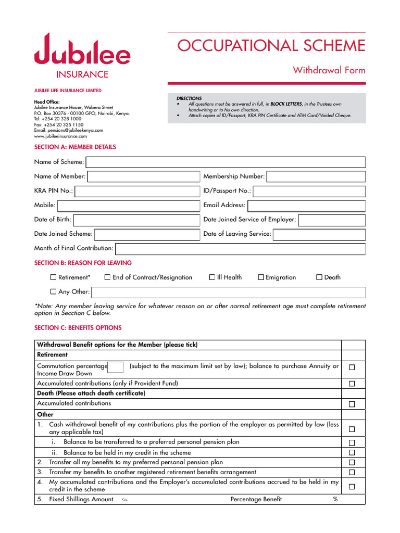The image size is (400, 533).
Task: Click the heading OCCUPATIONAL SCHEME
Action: click(271, 46)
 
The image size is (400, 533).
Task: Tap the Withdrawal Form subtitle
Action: click(329, 70)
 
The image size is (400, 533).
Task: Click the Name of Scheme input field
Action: click(226, 162)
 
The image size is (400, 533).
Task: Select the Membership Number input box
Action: click(316, 176)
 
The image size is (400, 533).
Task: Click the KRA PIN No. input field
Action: click(137, 191)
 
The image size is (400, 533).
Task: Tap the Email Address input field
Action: click(306, 205)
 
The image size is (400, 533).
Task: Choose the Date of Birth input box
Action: click(136, 220)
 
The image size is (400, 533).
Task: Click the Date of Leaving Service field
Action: click(319, 234)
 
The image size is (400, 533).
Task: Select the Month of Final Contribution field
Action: click(240, 248)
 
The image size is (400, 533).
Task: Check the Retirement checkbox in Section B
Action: click(53, 277)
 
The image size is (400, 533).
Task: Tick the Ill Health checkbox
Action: click(212, 277)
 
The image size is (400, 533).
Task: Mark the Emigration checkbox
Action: click(261, 277)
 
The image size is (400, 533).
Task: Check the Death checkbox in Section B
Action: click(319, 277)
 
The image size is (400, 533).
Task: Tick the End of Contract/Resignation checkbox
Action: click(107, 277)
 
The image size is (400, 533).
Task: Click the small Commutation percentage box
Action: click(116, 367)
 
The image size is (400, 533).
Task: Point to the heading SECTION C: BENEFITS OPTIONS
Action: click(78, 328)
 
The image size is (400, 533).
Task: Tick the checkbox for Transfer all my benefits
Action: click(352, 462)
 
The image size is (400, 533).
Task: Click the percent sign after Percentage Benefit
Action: click(335, 500)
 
